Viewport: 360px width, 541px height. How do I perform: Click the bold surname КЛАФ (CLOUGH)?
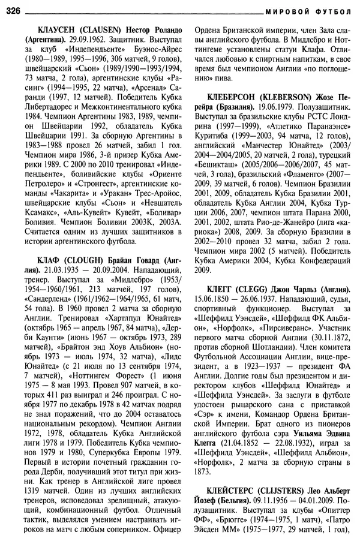tap(65, 260)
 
